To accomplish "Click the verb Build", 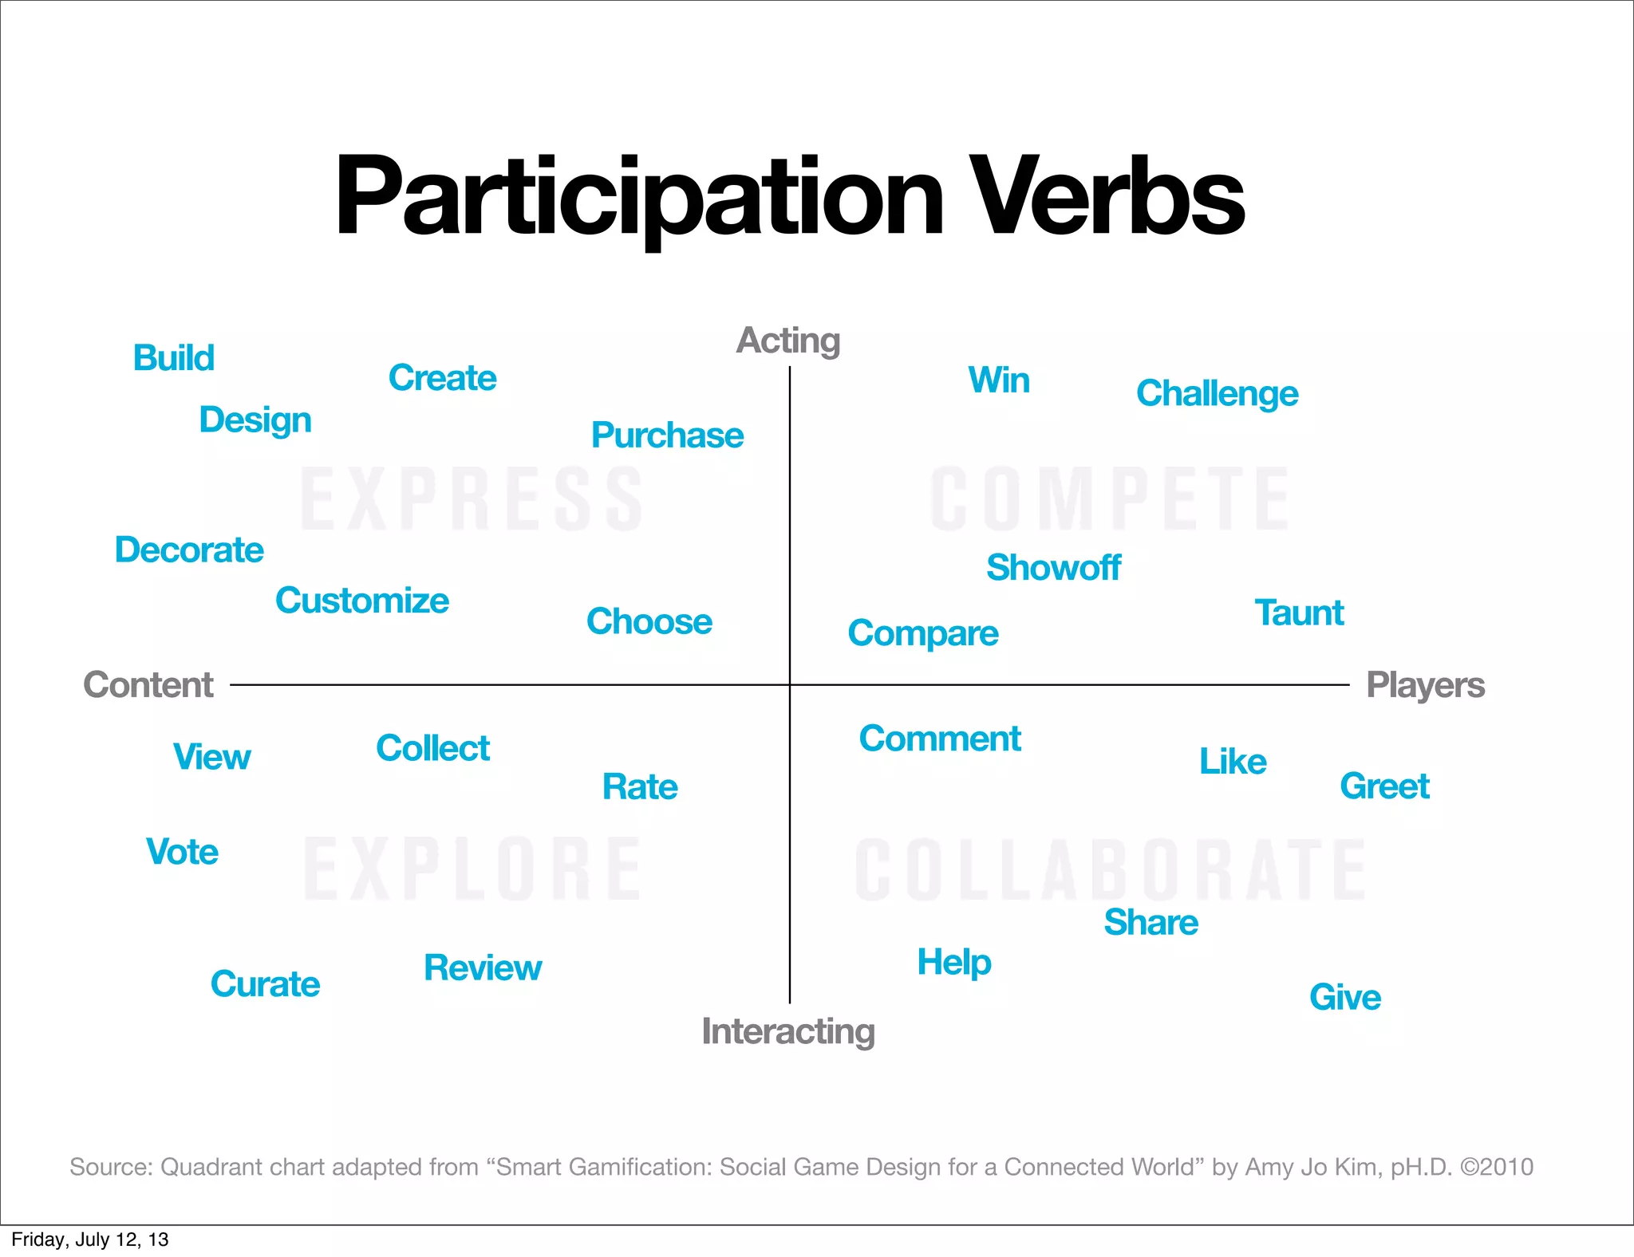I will (174, 358).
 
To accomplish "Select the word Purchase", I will (667, 435).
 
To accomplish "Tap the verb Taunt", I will (1299, 613).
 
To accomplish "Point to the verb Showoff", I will (1053, 568).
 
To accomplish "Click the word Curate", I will (265, 984).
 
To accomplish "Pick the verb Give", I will (1345, 998).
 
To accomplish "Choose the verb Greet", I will (1384, 786).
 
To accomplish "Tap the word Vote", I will (182, 852).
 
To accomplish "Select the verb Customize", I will (362, 601).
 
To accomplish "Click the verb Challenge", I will (1217, 394).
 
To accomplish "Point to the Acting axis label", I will (788, 341).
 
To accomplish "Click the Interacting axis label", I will (788, 1031).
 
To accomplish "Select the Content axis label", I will (148, 685).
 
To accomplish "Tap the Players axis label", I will (1425, 685).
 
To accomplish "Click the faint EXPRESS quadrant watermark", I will (472, 500).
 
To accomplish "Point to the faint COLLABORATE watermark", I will (1109, 869).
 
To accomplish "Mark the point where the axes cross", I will (790, 684).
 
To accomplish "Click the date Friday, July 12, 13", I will (90, 1239).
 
